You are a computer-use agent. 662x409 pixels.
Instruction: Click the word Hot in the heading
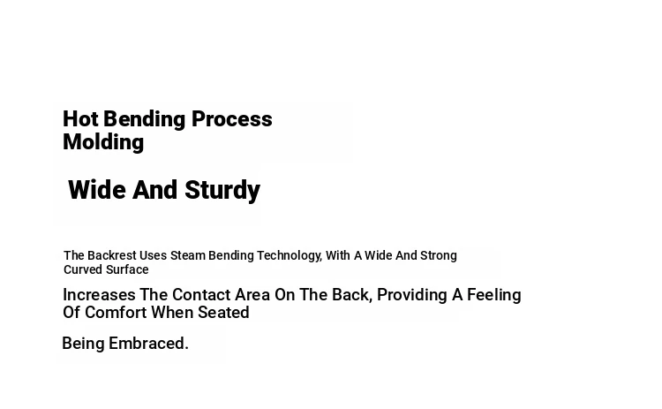tap(80, 119)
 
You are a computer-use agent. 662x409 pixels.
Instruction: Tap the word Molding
tap(103, 143)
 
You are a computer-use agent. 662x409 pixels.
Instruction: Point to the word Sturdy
tap(222, 191)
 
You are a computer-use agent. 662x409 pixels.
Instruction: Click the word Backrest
tap(112, 255)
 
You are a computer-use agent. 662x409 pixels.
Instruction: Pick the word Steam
tap(187, 255)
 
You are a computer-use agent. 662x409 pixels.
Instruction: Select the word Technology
tap(290, 256)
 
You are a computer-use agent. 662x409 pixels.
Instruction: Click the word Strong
tap(438, 255)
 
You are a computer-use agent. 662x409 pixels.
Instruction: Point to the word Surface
tap(127, 269)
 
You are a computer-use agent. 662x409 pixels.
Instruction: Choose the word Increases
tap(99, 295)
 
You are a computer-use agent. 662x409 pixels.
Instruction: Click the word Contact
tap(201, 295)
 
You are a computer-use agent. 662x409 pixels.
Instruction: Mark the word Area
tap(252, 295)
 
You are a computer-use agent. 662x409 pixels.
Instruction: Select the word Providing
tap(412, 295)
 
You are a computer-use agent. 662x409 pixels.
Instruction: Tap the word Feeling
tap(494, 295)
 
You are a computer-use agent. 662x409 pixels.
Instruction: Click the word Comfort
tap(116, 313)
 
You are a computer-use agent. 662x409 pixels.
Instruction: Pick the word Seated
tap(224, 313)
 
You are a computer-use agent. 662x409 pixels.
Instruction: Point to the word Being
tap(83, 344)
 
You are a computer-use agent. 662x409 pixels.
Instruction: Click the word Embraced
tap(148, 344)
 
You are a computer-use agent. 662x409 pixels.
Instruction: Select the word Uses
tap(153, 255)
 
